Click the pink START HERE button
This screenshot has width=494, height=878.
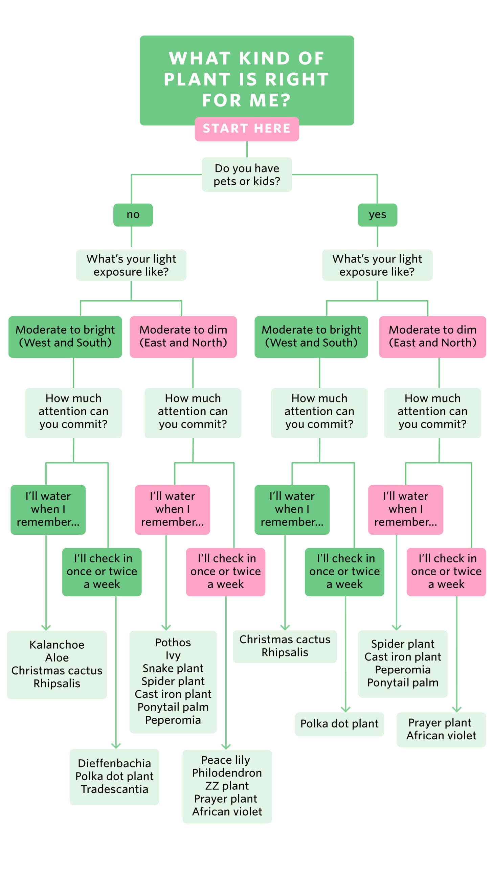tap(246, 129)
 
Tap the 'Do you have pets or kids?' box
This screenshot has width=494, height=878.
tap(246, 174)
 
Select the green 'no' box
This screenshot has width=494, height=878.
tap(133, 214)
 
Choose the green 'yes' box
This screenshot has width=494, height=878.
tap(377, 214)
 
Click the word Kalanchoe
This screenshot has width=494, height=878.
tap(57, 645)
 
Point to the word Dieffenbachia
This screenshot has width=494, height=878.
tap(114, 763)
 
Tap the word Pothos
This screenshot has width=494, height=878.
tap(173, 642)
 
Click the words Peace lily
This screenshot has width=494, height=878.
tap(226, 760)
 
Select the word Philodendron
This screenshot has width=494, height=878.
tap(227, 773)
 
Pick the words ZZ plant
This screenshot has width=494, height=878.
tap(227, 786)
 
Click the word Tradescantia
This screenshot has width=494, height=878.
tap(114, 789)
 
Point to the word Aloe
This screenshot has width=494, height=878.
tap(57, 657)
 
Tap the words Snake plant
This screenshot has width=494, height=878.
tap(173, 668)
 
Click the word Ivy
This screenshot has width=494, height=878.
tap(173, 655)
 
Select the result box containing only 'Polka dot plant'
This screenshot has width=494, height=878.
tap(339, 723)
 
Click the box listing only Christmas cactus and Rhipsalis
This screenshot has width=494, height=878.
tap(285, 646)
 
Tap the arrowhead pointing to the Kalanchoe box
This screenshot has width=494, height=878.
tap(46, 627)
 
